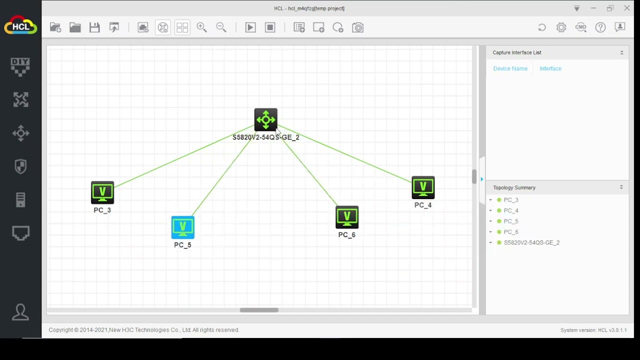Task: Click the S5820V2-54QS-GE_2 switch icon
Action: (265, 119)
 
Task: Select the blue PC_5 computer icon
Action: (183, 227)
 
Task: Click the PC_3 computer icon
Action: (102, 192)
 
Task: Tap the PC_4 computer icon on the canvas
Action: (423, 187)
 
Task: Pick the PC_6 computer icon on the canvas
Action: (347, 217)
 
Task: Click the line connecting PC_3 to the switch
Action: (184, 156)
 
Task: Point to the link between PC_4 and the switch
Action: (344, 153)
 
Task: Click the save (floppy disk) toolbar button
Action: (94, 27)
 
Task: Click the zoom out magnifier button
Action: (221, 27)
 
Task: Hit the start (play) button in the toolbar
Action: (250, 27)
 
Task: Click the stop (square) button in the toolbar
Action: (270, 27)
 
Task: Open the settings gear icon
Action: (561, 27)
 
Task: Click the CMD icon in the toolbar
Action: (581, 27)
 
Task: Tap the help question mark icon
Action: (600, 27)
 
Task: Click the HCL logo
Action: (20, 25)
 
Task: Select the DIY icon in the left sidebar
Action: (20, 67)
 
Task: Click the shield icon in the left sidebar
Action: (20, 166)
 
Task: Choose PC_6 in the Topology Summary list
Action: (511, 232)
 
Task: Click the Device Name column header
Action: (510, 68)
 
